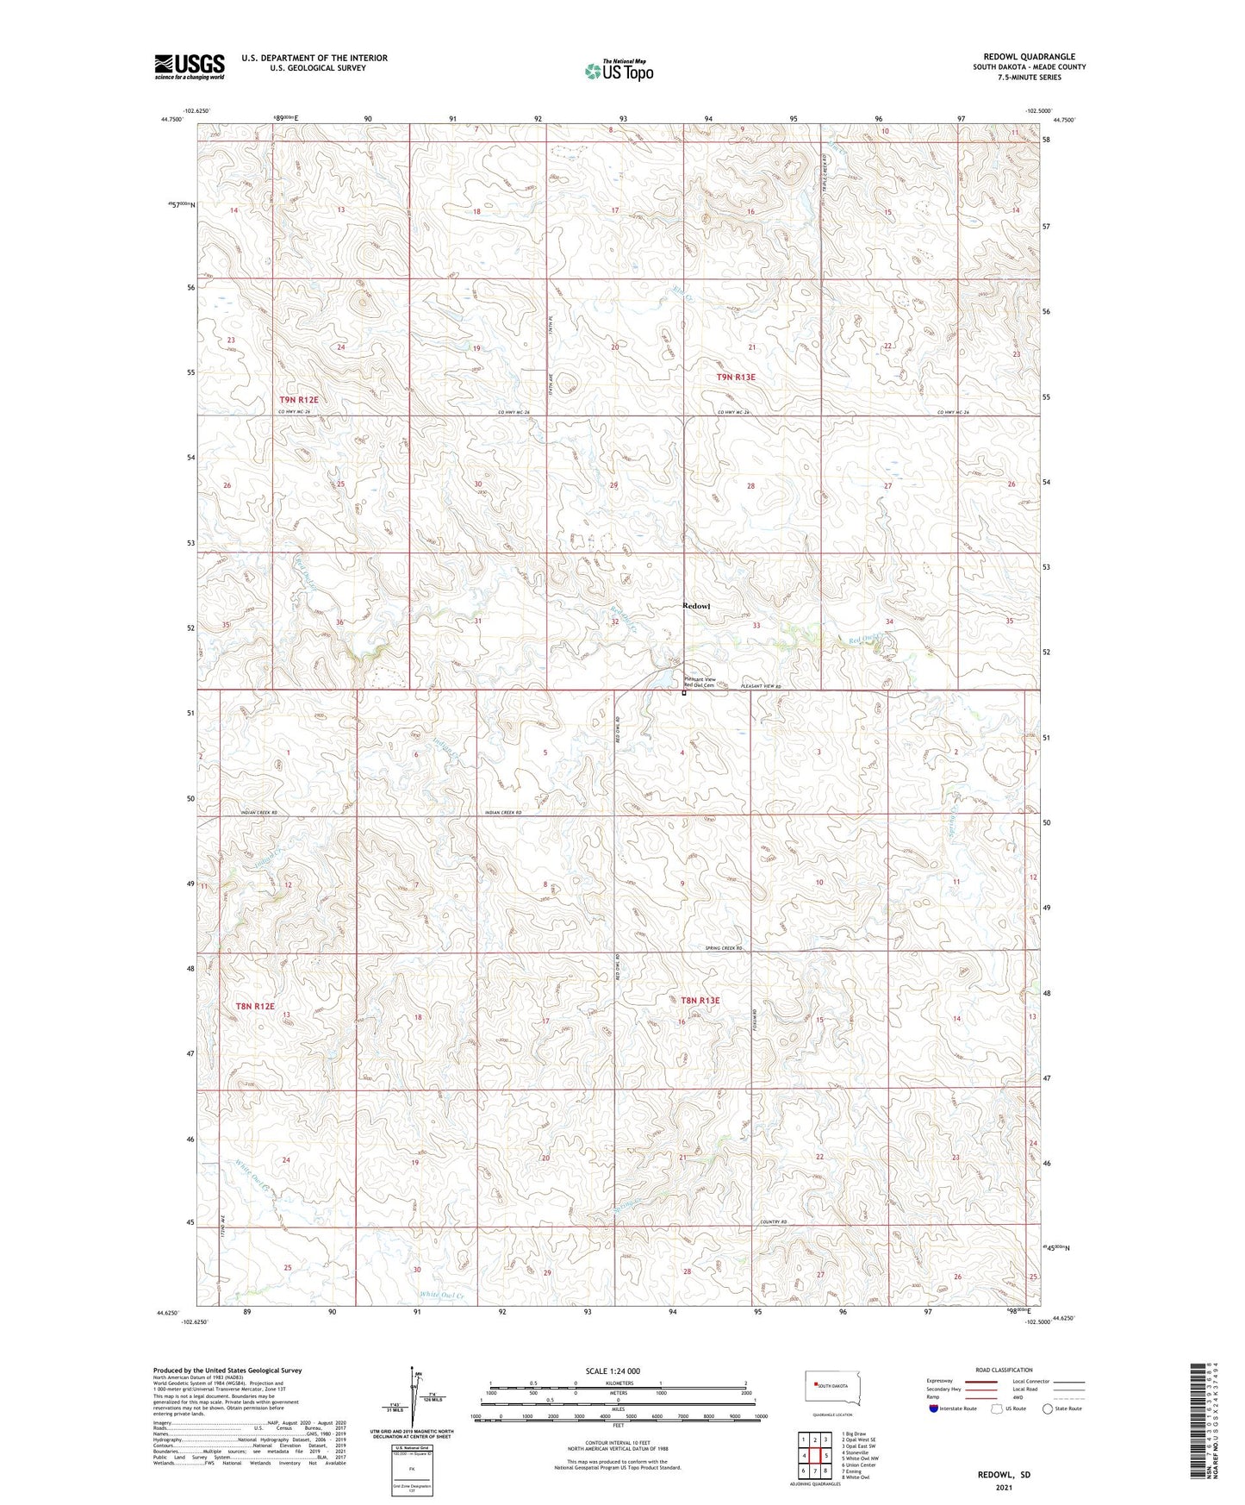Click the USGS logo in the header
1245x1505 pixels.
(189, 66)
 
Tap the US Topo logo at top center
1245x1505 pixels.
(619, 71)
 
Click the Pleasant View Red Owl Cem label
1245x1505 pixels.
(700, 682)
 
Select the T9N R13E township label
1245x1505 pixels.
(735, 378)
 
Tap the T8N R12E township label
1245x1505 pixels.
(255, 1006)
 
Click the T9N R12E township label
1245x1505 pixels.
(298, 400)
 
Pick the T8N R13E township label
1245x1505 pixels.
(700, 1000)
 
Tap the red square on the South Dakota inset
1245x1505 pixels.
(816, 1385)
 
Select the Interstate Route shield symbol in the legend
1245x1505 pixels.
(934, 1408)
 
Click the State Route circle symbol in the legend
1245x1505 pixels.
(1047, 1408)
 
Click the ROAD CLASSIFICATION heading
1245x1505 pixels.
(1004, 1370)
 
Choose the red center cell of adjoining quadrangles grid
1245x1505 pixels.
(814, 1455)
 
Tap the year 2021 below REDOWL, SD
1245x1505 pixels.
(1004, 1487)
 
